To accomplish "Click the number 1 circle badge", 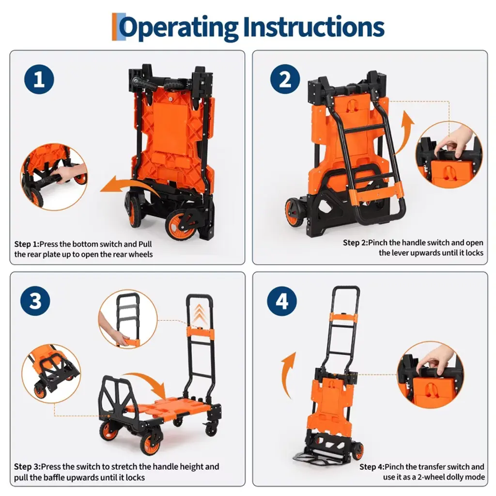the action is (39, 79).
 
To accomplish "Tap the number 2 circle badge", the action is (285, 79).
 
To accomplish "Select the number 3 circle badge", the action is (35, 301).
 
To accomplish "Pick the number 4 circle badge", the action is (282, 301).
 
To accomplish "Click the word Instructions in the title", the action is (314, 27).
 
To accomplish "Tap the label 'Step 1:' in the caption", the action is (27, 245).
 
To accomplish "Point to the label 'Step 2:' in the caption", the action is (356, 243).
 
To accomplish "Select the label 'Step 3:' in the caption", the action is (27, 467).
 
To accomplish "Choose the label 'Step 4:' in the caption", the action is (372, 467).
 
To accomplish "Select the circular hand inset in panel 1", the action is (54, 176).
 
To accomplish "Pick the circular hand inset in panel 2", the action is (449, 155).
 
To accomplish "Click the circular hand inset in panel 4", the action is (431, 375).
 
